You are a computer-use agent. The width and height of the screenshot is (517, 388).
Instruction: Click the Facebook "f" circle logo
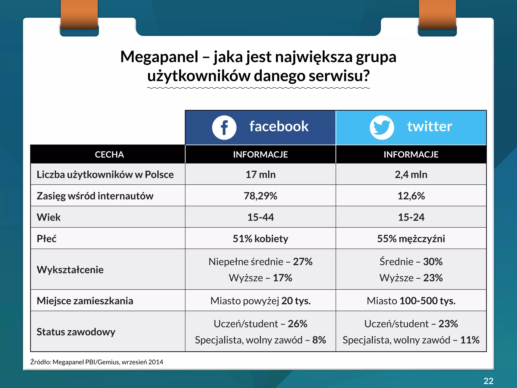pos(224,128)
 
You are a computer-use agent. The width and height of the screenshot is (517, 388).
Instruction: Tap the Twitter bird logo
pos(382,128)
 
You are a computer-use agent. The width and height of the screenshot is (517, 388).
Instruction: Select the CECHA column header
pos(109,154)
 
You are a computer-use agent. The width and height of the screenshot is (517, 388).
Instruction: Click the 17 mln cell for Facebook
pos(261,175)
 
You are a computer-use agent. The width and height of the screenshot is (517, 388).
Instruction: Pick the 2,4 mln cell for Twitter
pos(411,175)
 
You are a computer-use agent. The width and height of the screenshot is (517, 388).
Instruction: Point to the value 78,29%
pos(261,196)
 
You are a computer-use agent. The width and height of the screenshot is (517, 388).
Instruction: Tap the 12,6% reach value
pos(411,196)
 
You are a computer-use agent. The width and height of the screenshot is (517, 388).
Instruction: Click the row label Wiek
pos(49,217)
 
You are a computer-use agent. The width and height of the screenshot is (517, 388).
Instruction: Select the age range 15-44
pos(261,217)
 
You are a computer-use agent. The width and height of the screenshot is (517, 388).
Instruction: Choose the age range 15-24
pos(411,217)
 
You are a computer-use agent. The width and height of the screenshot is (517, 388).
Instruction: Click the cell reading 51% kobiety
pos(261,238)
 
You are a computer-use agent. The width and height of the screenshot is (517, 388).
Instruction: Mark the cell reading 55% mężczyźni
pos(411,238)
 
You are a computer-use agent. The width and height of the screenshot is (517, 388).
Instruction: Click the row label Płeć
pos(47,238)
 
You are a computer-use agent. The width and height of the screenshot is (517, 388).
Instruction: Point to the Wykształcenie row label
pos(70,270)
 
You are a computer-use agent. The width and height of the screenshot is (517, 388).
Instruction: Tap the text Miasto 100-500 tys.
pos(411,301)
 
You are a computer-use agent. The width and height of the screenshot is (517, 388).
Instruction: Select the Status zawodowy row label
pos(76,332)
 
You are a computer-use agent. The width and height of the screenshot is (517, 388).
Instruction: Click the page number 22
pos(488,381)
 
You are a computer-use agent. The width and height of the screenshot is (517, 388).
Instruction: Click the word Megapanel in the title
pos(159,57)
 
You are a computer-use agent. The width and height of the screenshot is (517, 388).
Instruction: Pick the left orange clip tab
pos(79,14)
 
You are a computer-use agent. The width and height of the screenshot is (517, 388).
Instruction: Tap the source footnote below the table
pos(97,362)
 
